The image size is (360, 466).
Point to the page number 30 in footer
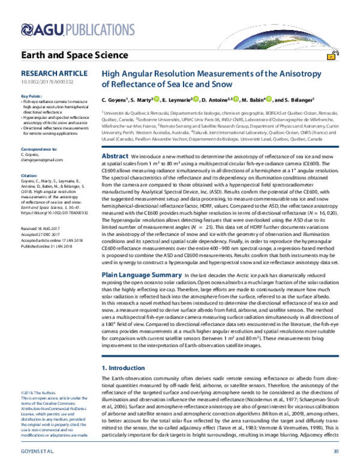pos(336,451)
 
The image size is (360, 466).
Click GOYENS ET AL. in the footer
pos(38,451)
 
